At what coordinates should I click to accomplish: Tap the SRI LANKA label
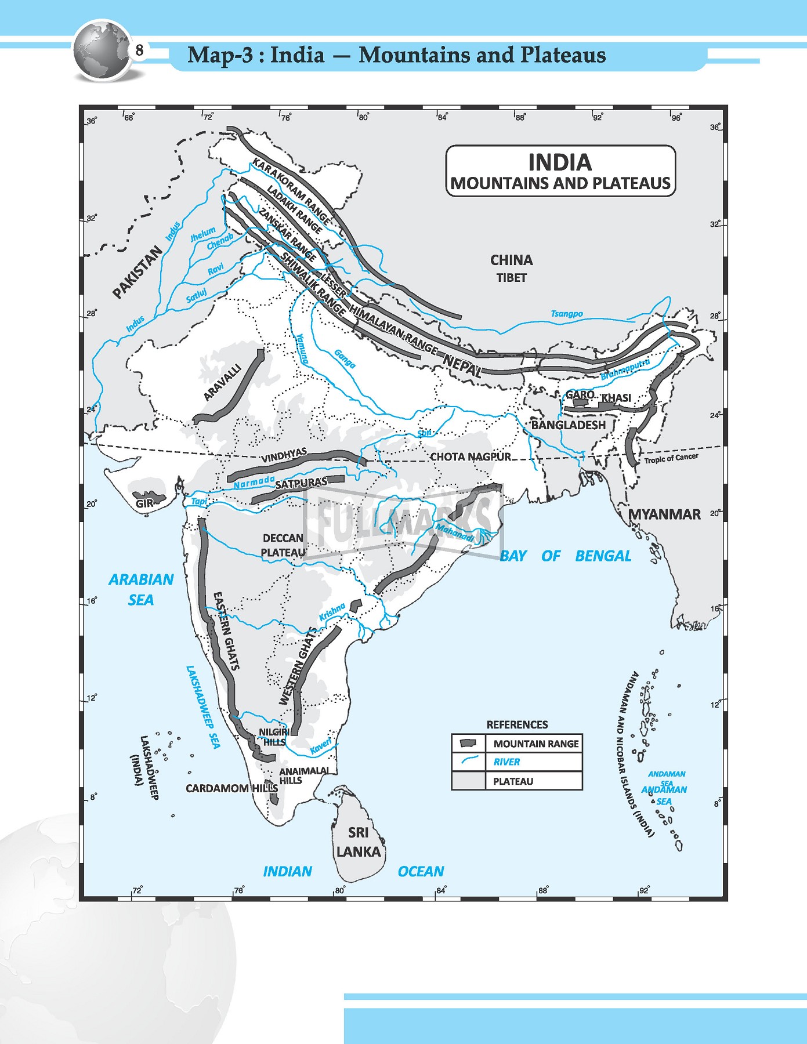[359, 842]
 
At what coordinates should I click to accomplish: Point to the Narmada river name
[254, 482]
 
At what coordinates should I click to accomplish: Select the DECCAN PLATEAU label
[283, 545]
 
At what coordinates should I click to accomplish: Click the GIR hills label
[144, 503]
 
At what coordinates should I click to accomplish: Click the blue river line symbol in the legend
[469, 762]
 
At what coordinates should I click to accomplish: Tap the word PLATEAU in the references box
[513, 781]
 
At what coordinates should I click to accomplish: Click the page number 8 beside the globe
[139, 50]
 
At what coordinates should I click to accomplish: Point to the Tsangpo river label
[567, 314]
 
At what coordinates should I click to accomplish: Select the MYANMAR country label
[664, 514]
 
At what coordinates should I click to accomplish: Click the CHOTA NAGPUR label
[471, 457]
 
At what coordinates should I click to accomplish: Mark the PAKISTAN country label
[137, 272]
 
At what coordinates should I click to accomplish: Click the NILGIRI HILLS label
[273, 737]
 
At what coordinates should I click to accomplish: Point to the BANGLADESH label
[568, 425]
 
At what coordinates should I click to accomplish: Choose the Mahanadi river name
[454, 532]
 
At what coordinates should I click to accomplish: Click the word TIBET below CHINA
[511, 278]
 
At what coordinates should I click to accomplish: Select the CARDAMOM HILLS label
[231, 788]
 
